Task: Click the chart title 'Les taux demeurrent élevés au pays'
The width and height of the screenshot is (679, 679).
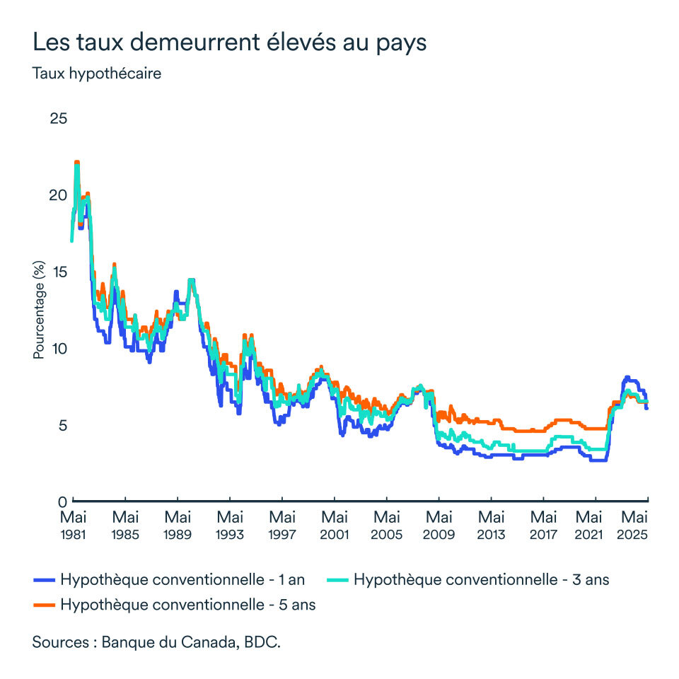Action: [230, 42]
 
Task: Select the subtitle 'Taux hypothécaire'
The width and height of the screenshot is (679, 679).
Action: [97, 74]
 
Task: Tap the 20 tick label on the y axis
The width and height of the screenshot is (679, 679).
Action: [58, 195]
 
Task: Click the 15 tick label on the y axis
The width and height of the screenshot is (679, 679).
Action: [58, 272]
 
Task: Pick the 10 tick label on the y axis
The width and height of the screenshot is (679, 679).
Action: [58, 348]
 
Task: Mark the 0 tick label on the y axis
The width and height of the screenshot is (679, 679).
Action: [62, 501]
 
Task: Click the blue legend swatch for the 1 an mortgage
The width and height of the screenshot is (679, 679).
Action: [44, 580]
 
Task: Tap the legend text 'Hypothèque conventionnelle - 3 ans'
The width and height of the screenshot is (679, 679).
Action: [481, 580]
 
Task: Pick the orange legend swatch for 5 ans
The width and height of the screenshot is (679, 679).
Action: [44, 605]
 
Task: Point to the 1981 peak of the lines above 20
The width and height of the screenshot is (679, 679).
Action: [76, 163]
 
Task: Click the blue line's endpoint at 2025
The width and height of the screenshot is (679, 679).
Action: [646, 408]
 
